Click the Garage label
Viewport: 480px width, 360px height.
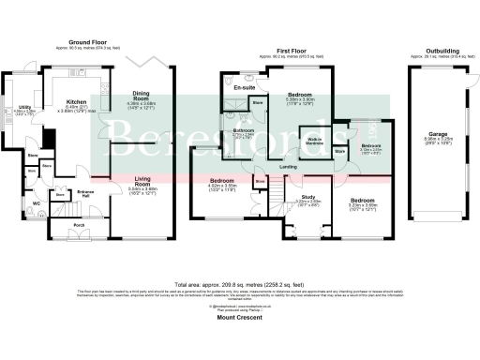[x=437, y=134]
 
